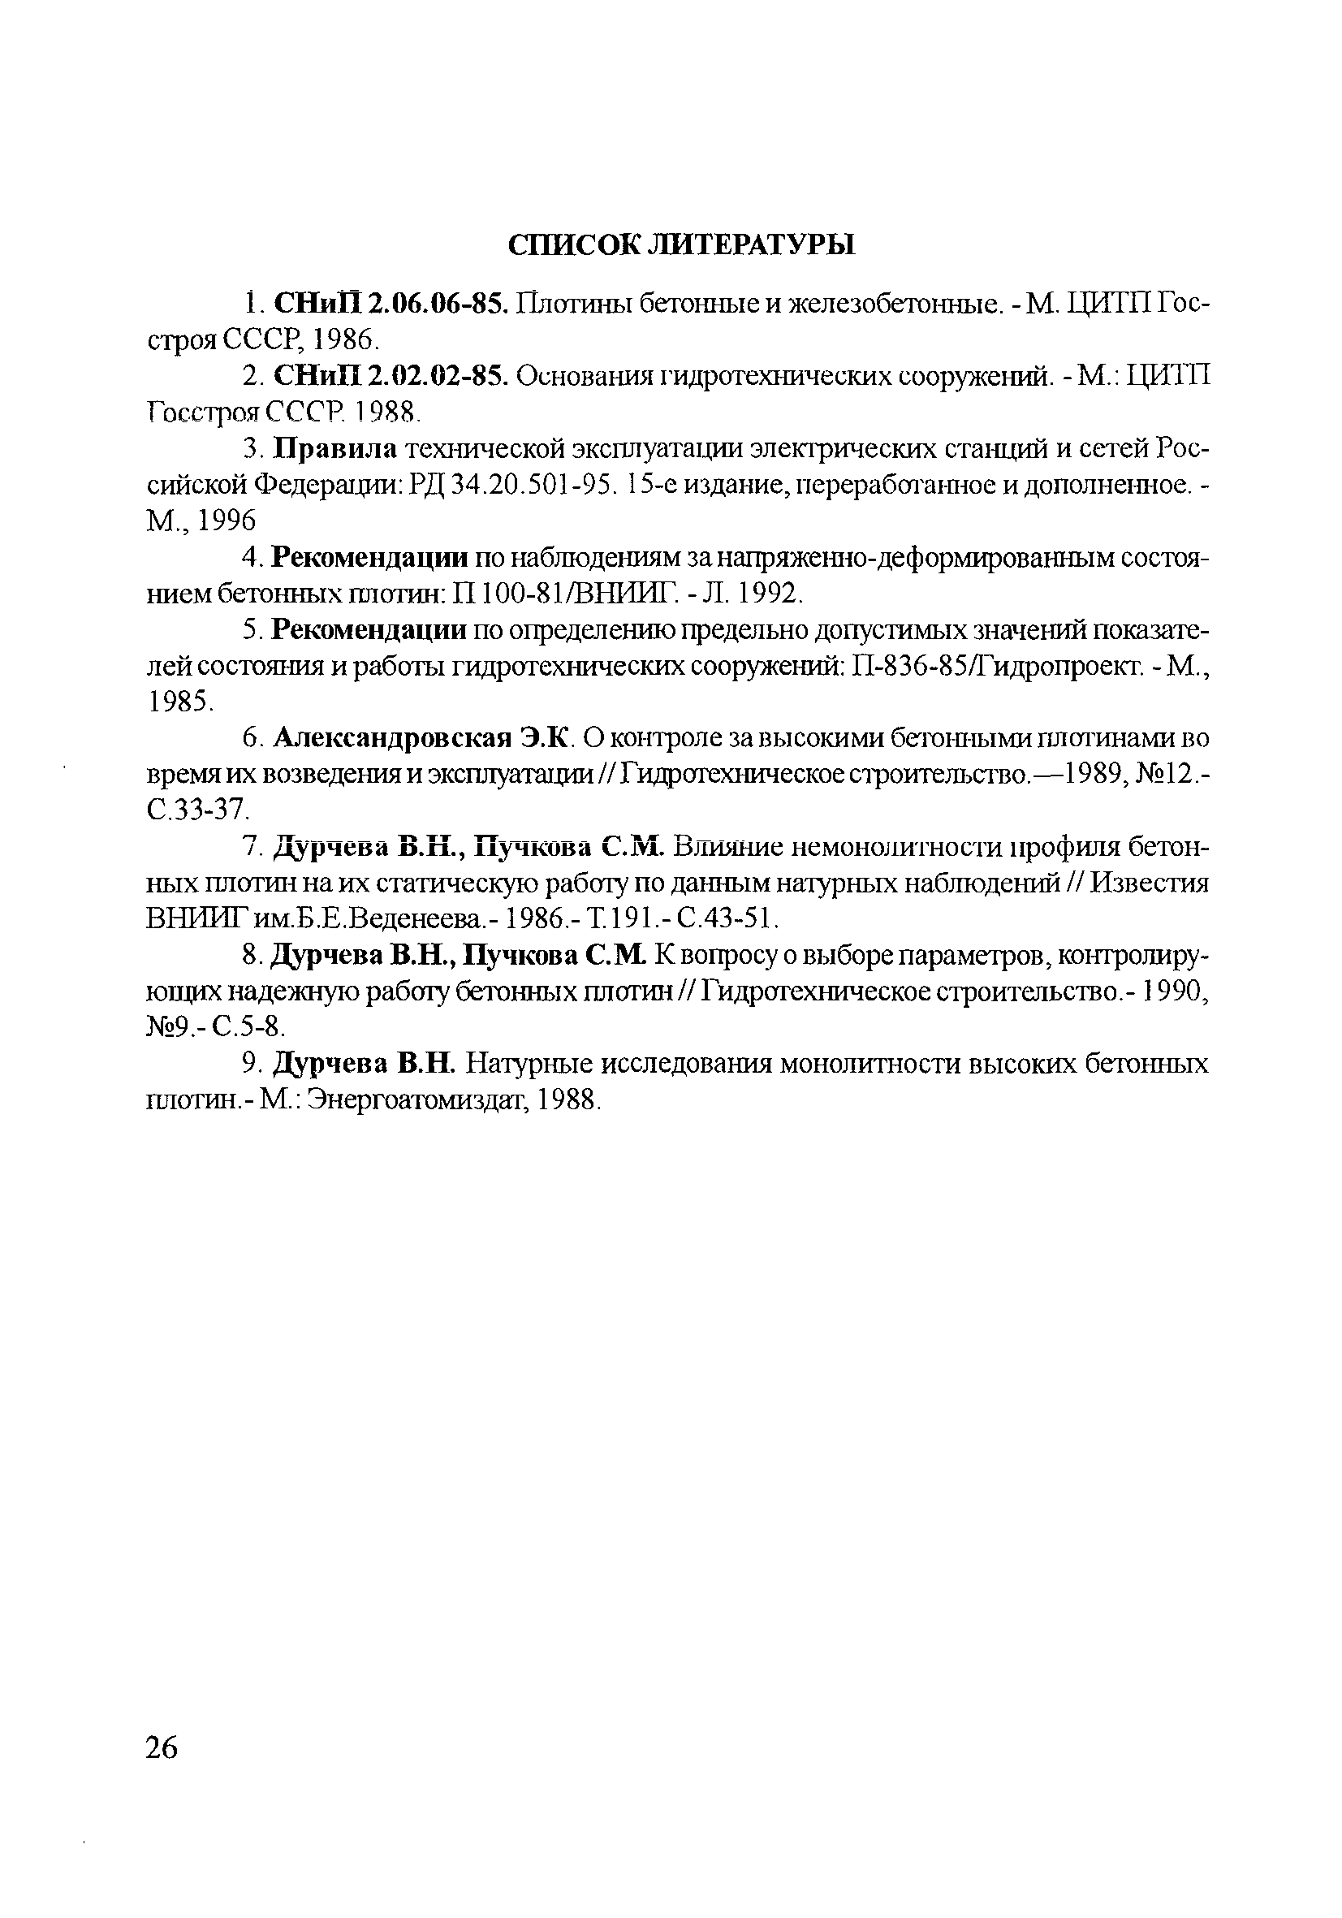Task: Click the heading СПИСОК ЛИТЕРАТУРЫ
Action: pos(681,244)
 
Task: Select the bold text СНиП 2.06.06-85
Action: pos(390,303)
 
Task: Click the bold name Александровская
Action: pos(391,738)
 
